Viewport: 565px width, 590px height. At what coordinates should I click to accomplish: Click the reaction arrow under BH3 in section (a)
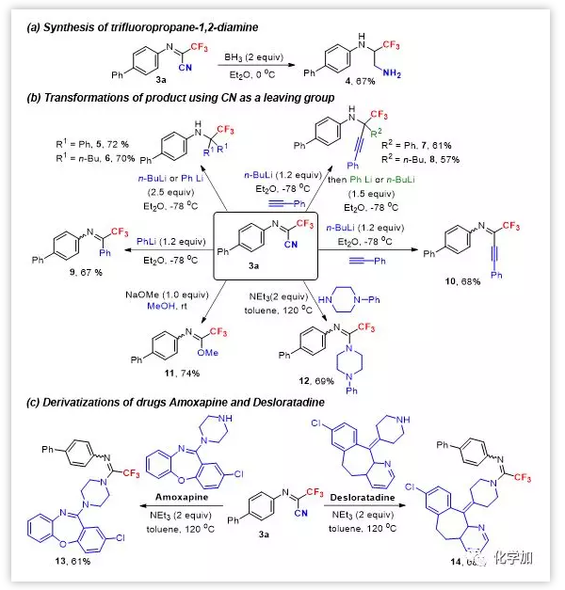coord(251,67)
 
